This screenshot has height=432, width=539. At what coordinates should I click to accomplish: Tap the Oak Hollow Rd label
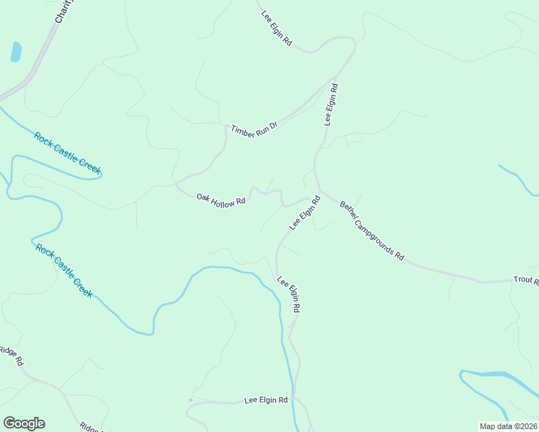pyautogui.click(x=221, y=199)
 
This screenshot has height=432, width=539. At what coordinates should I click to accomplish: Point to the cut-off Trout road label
pyautogui.click(x=525, y=280)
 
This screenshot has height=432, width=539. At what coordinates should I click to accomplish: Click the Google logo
pyautogui.click(x=24, y=423)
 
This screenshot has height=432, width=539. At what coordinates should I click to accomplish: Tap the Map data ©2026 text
pyautogui.click(x=509, y=426)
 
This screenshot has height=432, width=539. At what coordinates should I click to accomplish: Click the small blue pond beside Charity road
pyautogui.click(x=16, y=52)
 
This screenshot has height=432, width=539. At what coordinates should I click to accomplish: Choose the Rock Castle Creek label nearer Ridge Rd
pyautogui.click(x=64, y=271)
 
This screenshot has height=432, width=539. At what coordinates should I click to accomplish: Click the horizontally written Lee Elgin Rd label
pyautogui.click(x=266, y=400)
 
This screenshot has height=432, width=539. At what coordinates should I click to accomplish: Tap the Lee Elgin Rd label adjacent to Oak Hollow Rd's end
pyautogui.click(x=304, y=212)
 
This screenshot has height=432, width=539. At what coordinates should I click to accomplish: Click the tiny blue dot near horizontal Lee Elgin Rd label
pyautogui.click(x=190, y=400)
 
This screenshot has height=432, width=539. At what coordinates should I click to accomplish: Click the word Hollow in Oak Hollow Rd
pyautogui.click(x=223, y=201)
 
